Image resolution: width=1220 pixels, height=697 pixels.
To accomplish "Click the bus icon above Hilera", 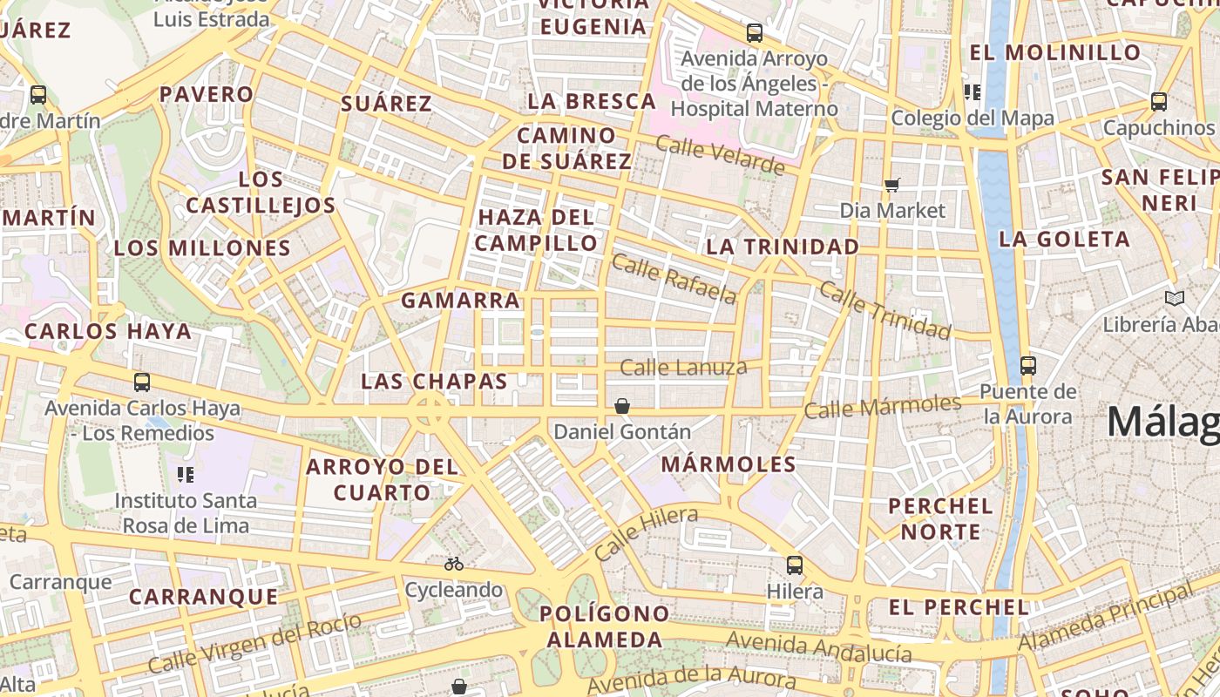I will click(795, 565).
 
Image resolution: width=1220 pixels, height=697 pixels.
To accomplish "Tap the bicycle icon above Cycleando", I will click(453, 564).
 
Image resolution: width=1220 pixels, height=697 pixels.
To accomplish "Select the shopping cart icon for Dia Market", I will click(891, 184).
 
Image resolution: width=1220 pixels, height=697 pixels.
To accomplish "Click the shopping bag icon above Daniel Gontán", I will click(622, 406).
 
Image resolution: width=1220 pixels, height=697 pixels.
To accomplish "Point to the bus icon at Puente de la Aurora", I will click(1028, 365).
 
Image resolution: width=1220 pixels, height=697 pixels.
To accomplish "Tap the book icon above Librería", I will click(1175, 299).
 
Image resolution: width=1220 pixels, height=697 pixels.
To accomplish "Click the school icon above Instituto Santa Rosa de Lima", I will click(186, 474).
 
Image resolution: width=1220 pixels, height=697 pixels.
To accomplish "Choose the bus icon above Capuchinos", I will click(1158, 101).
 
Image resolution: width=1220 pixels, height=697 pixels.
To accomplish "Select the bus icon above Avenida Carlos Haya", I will click(142, 382).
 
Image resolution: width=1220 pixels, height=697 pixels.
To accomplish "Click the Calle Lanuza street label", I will click(683, 368).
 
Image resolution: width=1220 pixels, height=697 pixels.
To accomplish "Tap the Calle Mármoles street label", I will click(882, 406).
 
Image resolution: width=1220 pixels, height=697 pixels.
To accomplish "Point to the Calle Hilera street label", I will click(646, 533).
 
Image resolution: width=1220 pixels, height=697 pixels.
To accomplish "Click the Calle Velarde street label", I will click(720, 155).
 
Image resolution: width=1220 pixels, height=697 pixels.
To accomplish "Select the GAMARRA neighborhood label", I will click(460, 301).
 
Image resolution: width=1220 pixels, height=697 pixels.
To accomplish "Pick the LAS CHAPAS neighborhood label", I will click(434, 382).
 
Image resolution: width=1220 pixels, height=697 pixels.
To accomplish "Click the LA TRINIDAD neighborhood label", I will click(783, 247).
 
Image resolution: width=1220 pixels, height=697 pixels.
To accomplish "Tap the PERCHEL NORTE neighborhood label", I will click(940, 518).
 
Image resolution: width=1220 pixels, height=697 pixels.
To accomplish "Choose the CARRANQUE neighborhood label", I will click(204, 597).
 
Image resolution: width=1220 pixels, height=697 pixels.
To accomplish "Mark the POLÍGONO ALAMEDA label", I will click(604, 626).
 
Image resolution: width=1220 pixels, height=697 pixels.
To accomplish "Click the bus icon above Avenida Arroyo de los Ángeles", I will click(755, 33).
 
